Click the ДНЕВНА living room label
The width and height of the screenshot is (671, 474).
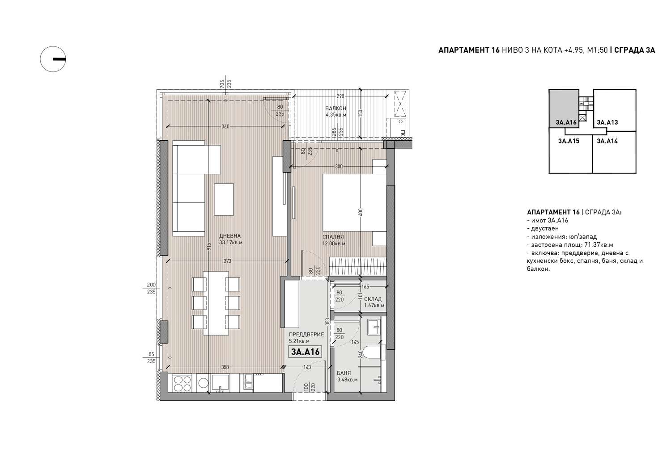(x=230, y=236)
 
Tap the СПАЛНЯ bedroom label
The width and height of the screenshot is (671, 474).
(x=333, y=237)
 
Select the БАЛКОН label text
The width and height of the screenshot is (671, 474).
(x=335, y=108)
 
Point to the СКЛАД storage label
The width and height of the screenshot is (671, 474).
(x=373, y=299)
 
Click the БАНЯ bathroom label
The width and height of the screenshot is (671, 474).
(x=344, y=373)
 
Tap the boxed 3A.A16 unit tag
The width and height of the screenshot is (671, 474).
(x=305, y=352)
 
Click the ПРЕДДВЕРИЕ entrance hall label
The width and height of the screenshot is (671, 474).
(x=306, y=334)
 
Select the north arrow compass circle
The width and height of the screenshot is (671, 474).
(x=53, y=59)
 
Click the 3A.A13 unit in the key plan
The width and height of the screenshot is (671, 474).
(x=607, y=122)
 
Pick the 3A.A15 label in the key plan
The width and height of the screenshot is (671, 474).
(x=569, y=141)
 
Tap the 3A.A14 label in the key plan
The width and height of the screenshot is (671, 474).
(x=607, y=141)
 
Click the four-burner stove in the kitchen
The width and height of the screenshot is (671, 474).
(x=182, y=384)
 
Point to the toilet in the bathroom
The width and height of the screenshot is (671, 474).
(x=373, y=352)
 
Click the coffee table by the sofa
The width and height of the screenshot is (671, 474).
(x=224, y=199)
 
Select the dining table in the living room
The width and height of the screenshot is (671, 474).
(x=216, y=303)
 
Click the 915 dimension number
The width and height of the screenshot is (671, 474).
(x=209, y=246)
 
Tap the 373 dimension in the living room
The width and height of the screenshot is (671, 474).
(x=227, y=261)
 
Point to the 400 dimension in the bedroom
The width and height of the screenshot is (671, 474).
(x=361, y=212)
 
